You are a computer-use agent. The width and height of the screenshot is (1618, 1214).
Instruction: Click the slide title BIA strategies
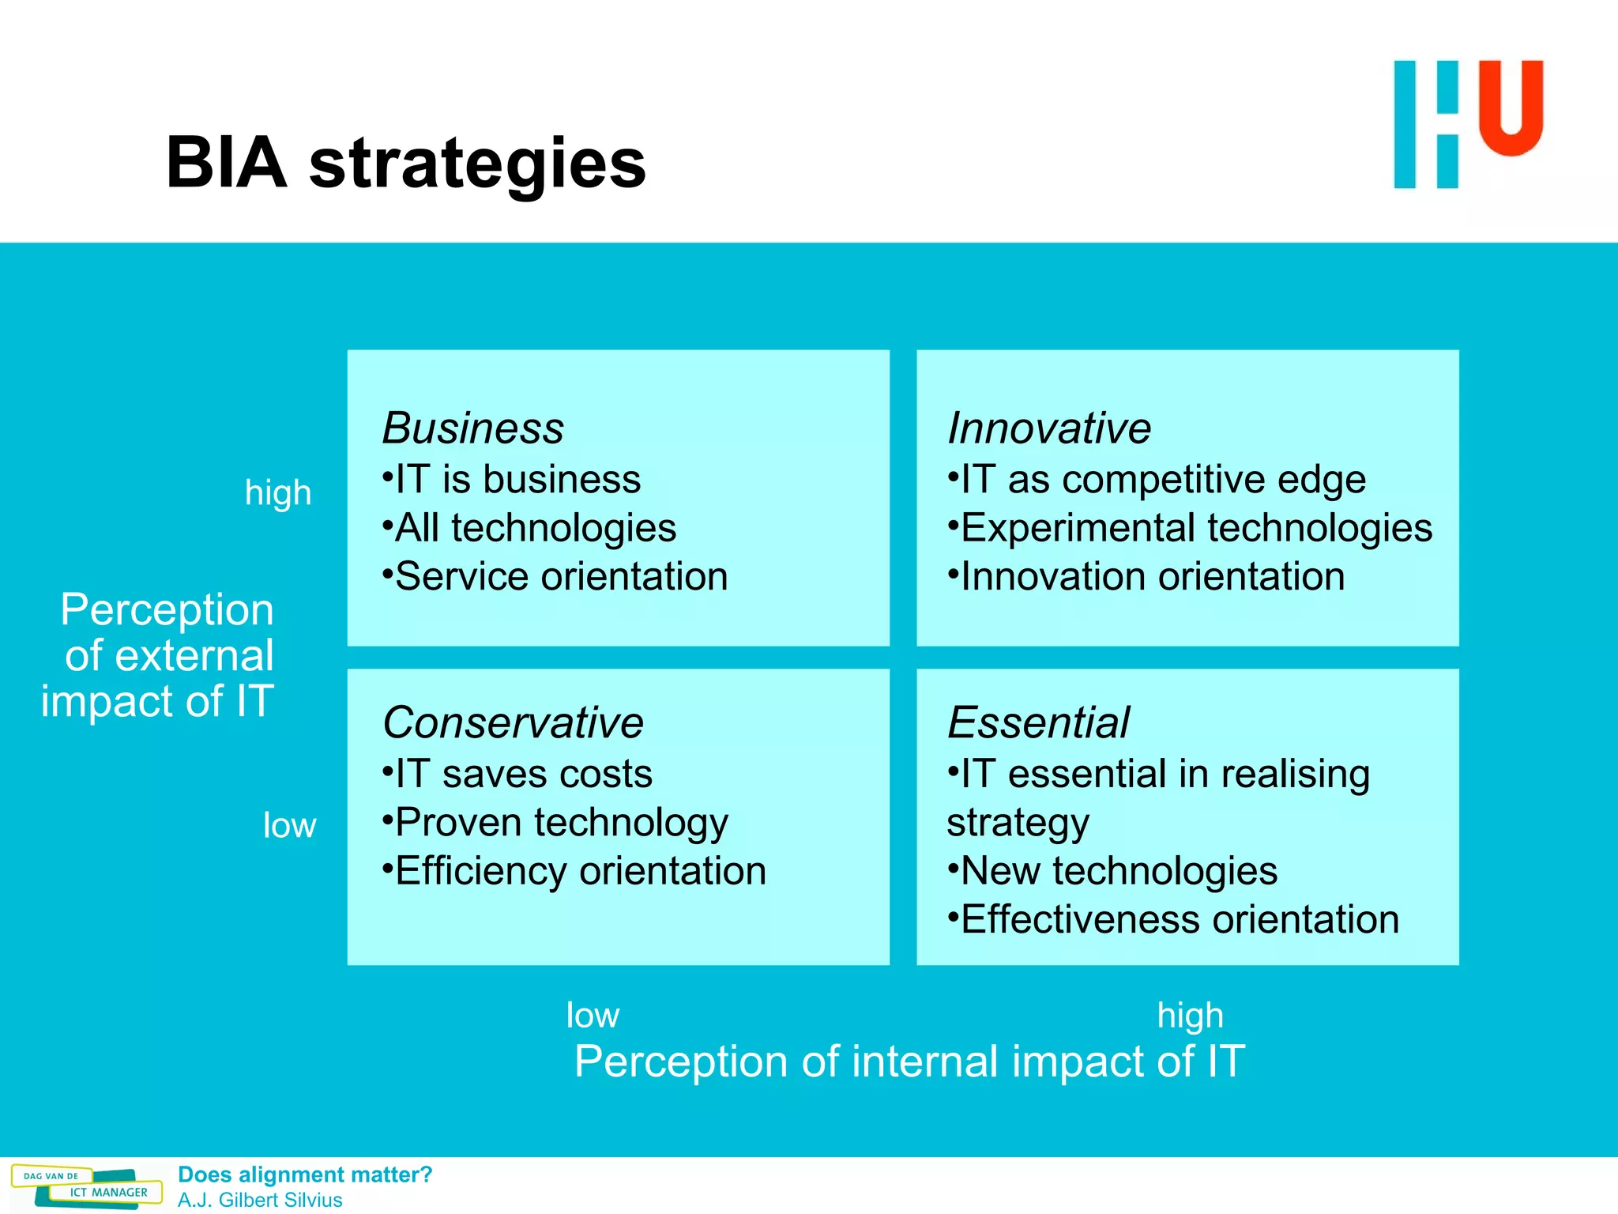[405, 163]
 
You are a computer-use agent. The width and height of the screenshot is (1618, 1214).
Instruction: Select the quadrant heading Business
[472, 428]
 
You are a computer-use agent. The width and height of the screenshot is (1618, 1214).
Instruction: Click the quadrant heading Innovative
[1048, 428]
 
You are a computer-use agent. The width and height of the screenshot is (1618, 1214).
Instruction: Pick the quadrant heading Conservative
[513, 722]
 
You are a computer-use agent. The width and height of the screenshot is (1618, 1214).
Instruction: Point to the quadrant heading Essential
[1038, 722]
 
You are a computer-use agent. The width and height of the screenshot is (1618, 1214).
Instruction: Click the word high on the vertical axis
[278, 493]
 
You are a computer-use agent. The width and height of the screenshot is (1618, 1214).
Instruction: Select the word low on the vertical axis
[289, 826]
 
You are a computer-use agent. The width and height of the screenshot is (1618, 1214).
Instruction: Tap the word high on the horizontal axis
[1190, 1016]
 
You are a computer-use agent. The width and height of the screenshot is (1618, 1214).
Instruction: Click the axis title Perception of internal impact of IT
[909, 1061]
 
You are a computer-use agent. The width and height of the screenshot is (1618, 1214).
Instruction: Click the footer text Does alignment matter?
[305, 1174]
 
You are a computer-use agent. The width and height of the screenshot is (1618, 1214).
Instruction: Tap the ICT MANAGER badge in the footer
[108, 1192]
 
